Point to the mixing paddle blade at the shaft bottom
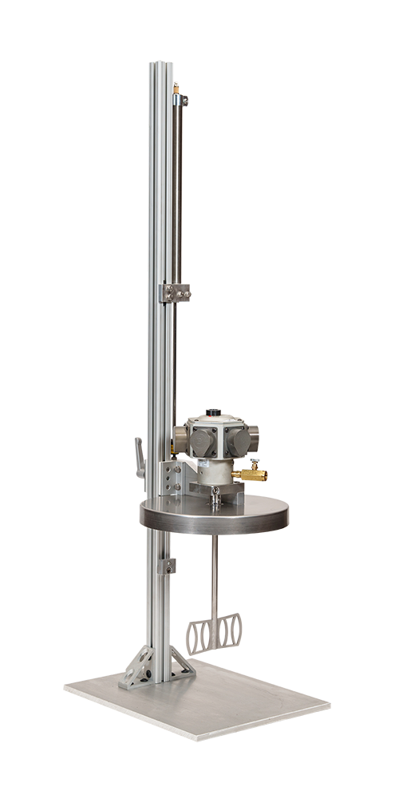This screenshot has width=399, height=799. coord(214,634)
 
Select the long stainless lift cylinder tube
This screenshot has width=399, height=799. coord(176,192)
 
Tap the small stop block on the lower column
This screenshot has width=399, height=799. coord(169,566)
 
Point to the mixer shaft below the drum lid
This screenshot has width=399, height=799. coord(216,575)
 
